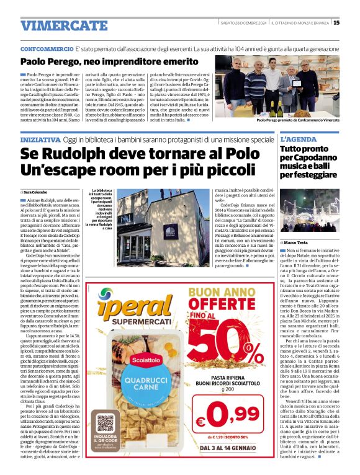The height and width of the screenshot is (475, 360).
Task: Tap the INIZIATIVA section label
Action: point(42,140)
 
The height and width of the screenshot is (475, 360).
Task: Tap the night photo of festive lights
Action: point(310,211)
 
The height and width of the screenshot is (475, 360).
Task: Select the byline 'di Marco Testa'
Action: point(297,243)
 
